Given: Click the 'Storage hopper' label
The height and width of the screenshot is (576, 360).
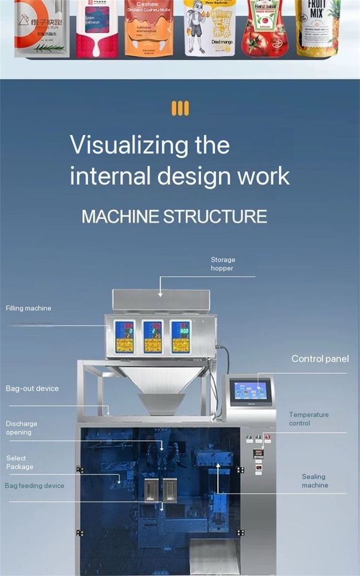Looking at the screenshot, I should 223,264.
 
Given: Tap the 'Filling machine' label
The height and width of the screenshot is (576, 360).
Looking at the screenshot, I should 28,308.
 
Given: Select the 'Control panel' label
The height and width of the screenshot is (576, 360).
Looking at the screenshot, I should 320,359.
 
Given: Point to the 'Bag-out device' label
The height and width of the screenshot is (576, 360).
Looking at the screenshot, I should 32,388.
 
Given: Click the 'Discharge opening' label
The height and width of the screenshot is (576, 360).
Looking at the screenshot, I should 22,428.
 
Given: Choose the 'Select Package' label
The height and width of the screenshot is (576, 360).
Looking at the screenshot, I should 20,462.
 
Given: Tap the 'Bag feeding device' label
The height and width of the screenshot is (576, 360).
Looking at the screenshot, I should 35,485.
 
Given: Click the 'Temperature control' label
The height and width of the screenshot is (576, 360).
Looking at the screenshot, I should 308,419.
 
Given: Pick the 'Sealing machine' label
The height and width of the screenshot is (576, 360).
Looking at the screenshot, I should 314,481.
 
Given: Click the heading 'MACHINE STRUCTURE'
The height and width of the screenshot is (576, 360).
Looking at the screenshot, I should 174,217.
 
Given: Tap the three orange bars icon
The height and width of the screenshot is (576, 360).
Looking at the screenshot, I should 180,108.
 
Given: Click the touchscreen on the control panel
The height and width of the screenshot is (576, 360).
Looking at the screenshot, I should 250,391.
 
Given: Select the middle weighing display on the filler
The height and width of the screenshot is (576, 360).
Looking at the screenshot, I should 152,337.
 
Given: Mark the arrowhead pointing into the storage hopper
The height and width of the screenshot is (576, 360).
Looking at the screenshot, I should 160,293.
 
